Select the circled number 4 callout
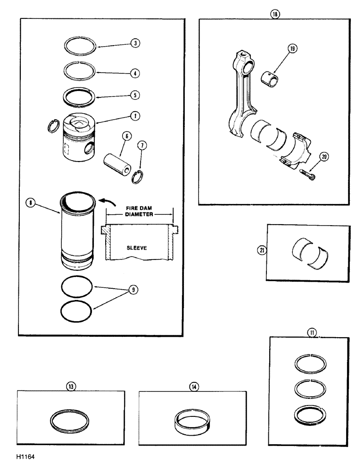tap(135, 73)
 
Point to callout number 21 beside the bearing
tap(262, 251)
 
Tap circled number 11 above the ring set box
tap(312, 332)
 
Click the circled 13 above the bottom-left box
tap(71, 386)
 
